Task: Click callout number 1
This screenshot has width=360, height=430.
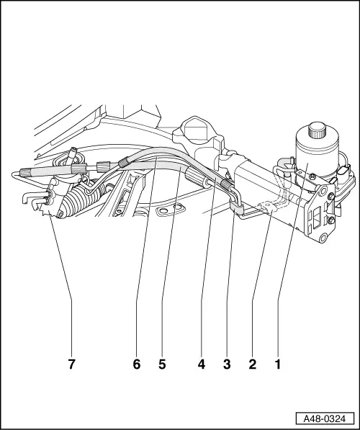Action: pos(276,364)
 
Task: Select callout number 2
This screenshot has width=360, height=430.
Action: pos(252,364)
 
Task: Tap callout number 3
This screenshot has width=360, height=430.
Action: pos(228,364)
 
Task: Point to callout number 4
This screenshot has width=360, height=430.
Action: pos(202,364)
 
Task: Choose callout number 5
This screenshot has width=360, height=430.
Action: pos(162,364)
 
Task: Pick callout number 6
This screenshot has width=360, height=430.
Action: pos(137,364)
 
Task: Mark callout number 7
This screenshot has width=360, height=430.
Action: pos(71,364)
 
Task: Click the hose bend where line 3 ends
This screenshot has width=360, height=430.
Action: pos(235,207)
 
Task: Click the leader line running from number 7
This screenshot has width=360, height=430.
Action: pos(60,288)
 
